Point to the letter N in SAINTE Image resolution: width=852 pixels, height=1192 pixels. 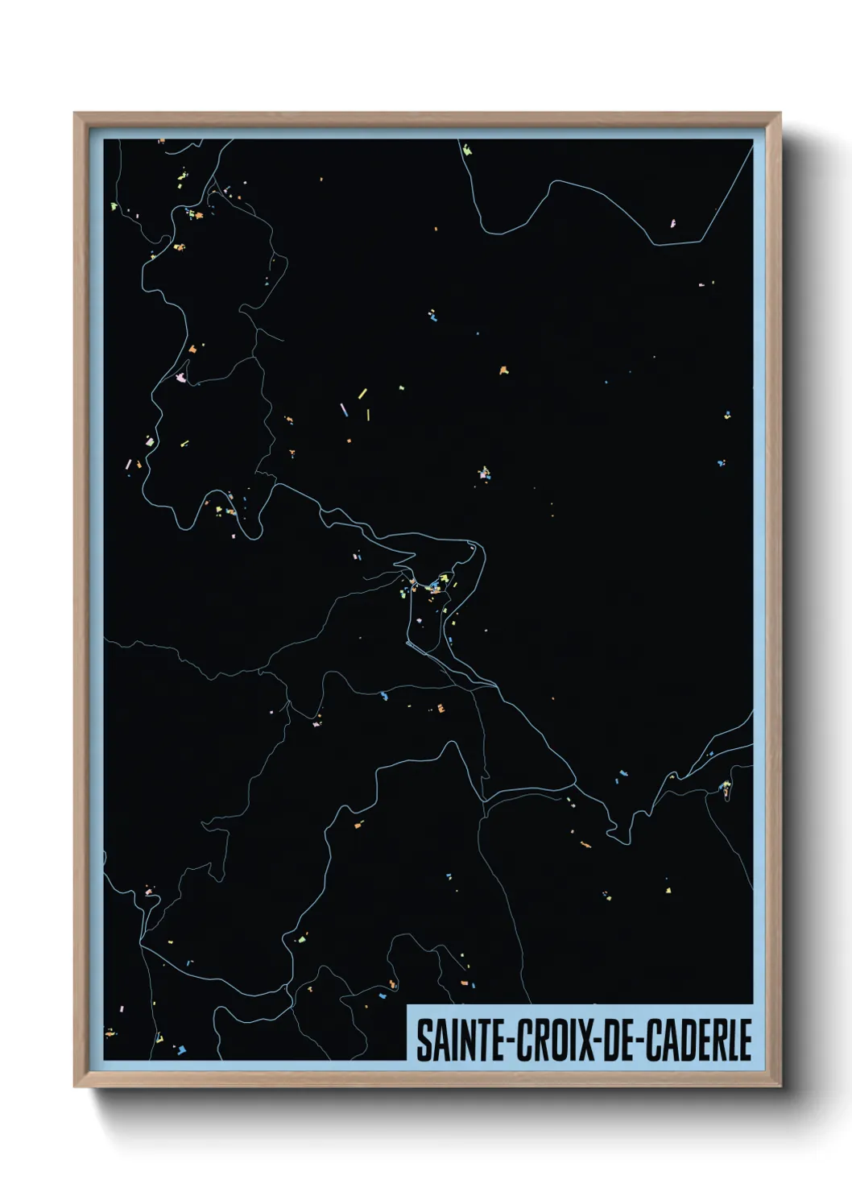point(462,1040)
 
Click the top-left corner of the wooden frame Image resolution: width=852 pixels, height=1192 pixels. point(74,113)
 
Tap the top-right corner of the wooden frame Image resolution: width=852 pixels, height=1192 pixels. point(780,113)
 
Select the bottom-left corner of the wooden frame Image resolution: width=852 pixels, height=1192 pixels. point(74,1086)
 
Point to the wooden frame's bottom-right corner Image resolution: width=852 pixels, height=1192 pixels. point(780,1086)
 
